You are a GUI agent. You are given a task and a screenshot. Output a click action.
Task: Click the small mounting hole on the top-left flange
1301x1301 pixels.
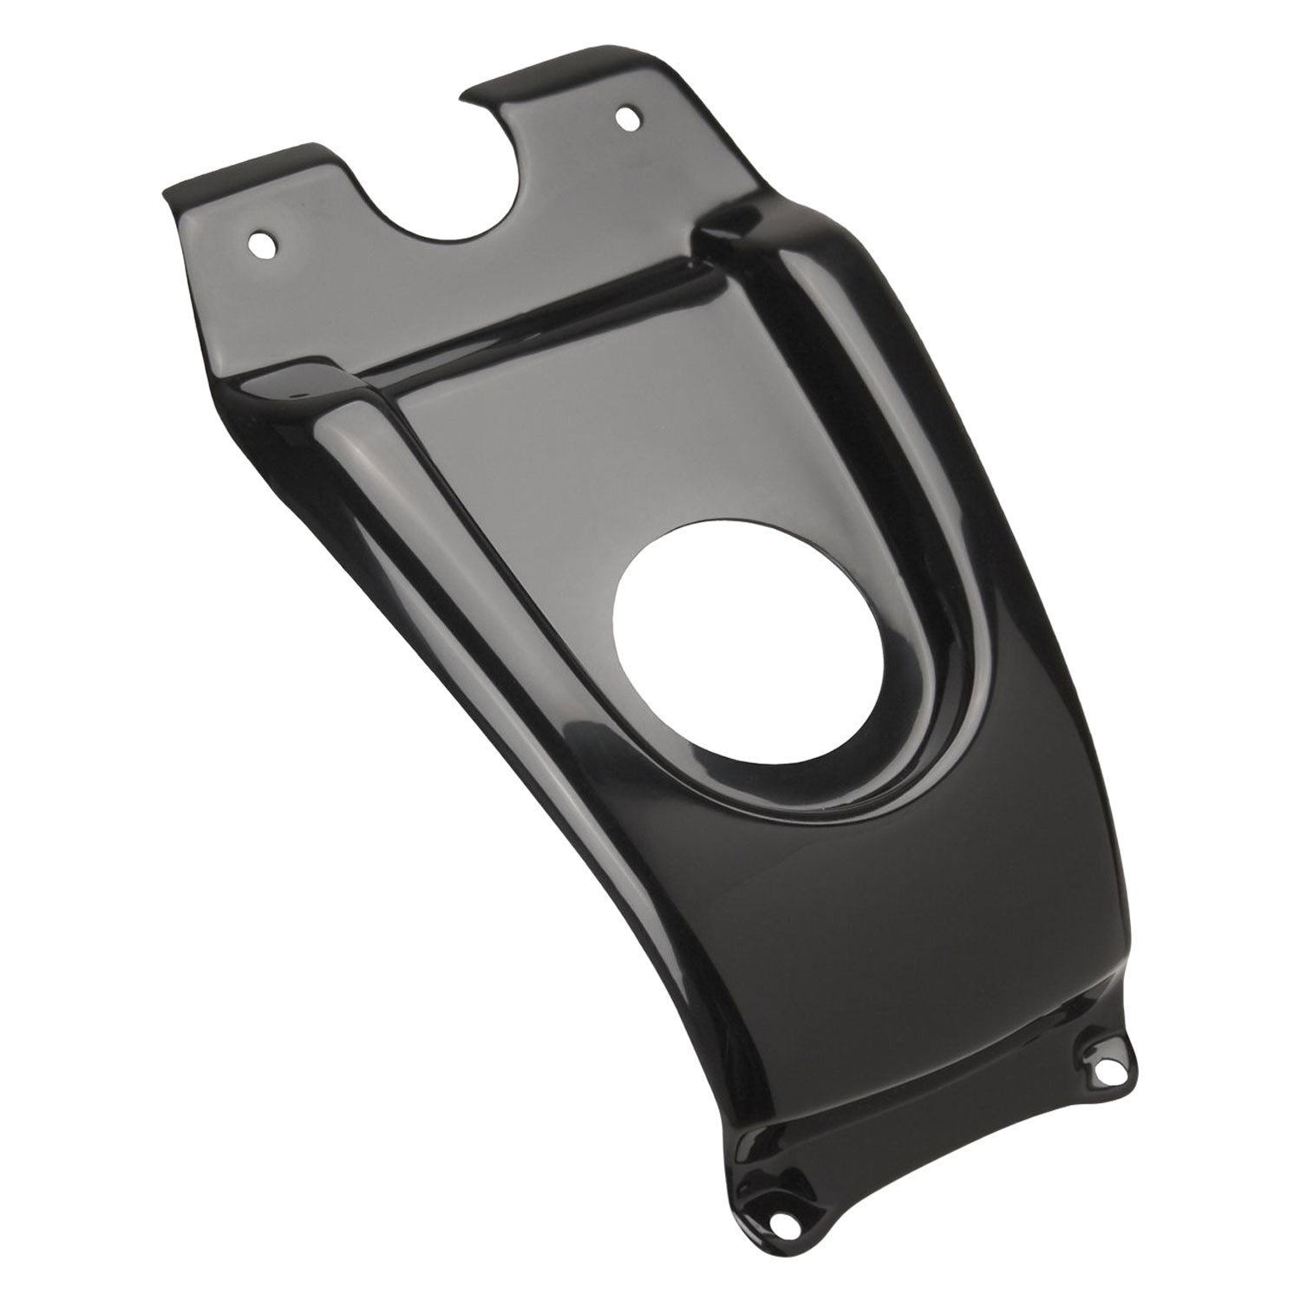pyautogui.click(x=260, y=243)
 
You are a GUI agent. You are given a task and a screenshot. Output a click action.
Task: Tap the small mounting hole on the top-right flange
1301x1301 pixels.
pyautogui.click(x=625, y=115)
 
